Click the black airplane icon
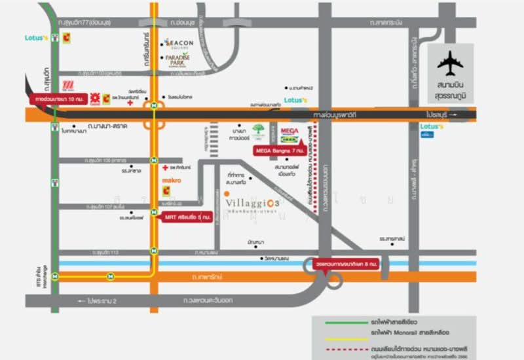451,63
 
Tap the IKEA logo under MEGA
290,139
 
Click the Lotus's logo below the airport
432,126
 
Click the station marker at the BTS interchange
56,276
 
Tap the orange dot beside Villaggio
226,194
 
